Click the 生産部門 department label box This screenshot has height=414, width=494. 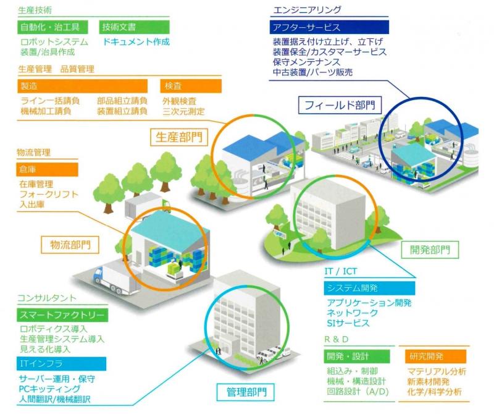point(179,137)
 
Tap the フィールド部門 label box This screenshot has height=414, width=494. point(340,105)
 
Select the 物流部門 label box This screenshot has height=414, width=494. point(70,245)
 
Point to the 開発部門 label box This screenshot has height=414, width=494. point(430,250)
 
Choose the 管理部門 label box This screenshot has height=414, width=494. point(246,392)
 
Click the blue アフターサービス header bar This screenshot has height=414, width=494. point(329,27)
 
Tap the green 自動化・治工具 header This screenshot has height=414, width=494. point(52,27)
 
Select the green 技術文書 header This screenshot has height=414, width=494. point(134,27)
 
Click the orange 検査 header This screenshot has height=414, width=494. point(191,86)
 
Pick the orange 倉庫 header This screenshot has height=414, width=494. point(48,170)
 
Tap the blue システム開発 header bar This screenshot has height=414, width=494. point(369,288)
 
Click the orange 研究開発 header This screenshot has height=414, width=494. point(436,357)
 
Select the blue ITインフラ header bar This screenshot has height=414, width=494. point(61,364)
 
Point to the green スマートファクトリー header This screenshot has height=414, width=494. point(62,315)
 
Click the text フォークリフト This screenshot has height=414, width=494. point(49,194)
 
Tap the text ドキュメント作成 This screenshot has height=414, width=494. point(136,42)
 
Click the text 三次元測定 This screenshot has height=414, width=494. point(183,111)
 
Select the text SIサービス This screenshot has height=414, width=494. point(348,323)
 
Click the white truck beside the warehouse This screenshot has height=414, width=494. point(117,279)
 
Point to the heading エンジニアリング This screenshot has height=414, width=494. point(307,10)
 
